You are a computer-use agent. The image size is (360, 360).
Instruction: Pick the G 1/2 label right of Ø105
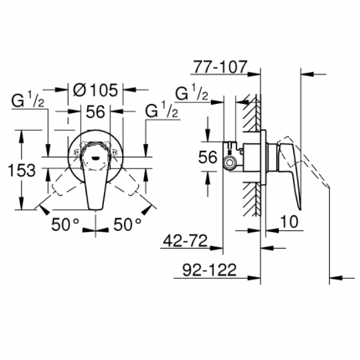point(162,110)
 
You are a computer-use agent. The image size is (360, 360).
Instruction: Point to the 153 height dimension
point(19,169)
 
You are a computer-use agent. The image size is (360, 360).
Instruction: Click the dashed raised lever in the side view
point(316,188)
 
